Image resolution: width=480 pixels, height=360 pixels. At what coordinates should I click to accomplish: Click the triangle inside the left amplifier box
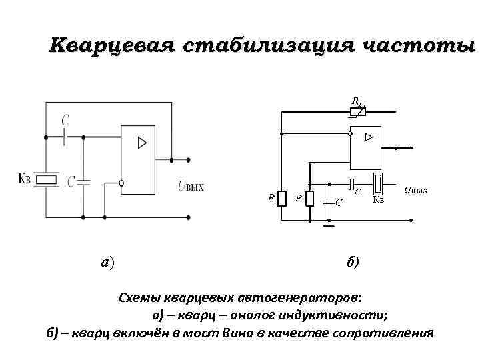pyautogui.click(x=141, y=143)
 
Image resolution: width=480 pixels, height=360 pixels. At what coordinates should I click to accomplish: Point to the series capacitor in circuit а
pyautogui.click(x=65, y=137)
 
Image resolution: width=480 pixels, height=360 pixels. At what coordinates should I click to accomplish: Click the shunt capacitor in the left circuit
pyautogui.click(x=83, y=181)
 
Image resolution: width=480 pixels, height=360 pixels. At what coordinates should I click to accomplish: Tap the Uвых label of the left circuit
pyautogui.click(x=190, y=187)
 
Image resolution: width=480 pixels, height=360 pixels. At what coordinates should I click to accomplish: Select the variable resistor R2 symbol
pyautogui.click(x=358, y=111)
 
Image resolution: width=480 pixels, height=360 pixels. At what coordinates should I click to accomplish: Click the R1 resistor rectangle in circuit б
pyautogui.click(x=281, y=199)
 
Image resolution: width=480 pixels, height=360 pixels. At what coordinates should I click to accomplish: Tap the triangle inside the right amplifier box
pyautogui.click(x=369, y=137)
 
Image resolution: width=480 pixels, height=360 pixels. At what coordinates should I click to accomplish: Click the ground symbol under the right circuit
pyautogui.click(x=329, y=225)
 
